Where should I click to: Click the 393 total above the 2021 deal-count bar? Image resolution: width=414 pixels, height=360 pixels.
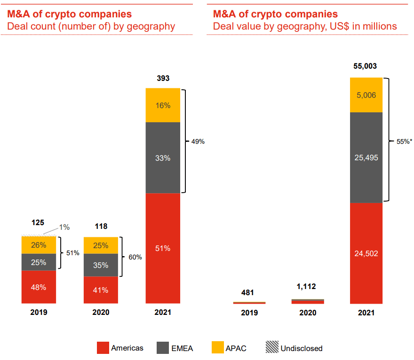point(163,78)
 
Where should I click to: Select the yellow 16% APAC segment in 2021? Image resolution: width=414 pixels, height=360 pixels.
point(163,105)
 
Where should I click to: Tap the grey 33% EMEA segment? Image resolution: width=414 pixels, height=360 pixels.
point(163,158)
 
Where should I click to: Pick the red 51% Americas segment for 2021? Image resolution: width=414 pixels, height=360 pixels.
point(163,249)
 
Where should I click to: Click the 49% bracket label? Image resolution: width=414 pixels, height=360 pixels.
point(197,141)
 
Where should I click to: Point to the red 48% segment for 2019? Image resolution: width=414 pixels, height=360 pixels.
point(39,287)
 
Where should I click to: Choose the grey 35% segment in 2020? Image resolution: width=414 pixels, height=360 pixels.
point(101,265)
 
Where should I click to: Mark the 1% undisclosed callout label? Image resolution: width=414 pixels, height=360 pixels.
point(64,227)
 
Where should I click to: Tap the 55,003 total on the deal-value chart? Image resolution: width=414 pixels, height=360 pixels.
point(365,66)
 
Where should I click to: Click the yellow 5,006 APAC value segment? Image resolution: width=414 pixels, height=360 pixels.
point(366,95)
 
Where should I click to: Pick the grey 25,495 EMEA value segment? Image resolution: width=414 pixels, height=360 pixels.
point(366,157)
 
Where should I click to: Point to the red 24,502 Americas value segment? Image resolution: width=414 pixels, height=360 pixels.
point(366,253)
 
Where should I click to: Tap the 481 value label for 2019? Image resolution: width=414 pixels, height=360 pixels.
point(249,293)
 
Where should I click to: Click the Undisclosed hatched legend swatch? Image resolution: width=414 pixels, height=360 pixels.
point(271,348)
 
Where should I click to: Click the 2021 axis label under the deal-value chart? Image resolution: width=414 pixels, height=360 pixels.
point(366,313)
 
